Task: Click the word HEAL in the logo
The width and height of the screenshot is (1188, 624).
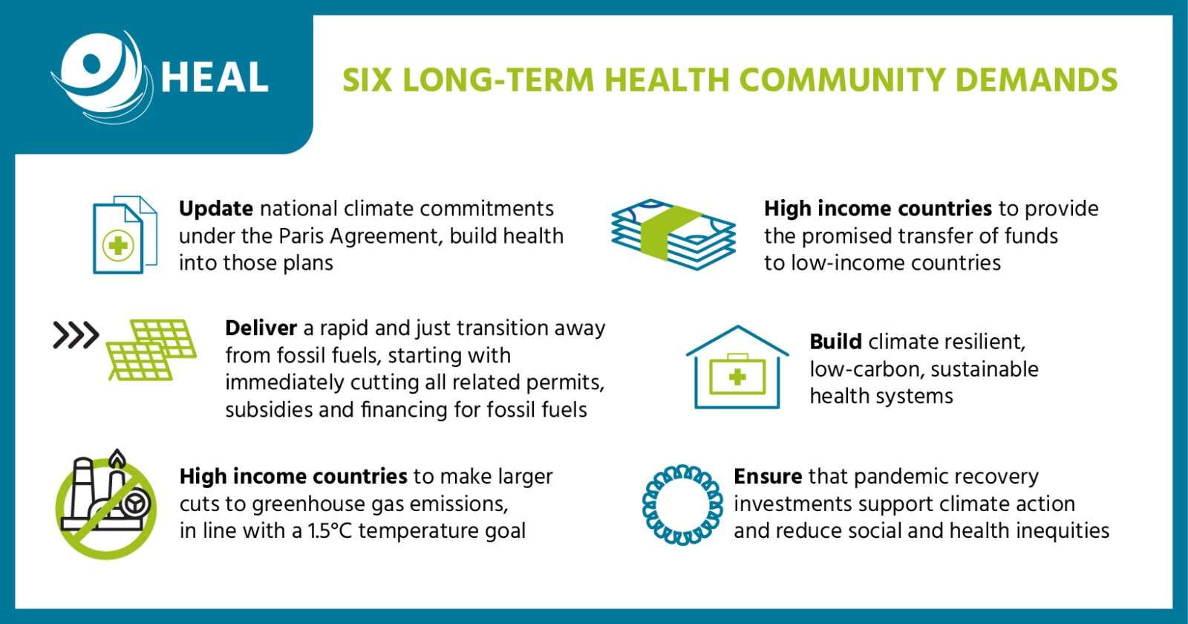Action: [x=215, y=77]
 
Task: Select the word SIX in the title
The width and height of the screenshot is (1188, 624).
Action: [x=367, y=80]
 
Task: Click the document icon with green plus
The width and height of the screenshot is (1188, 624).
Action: [x=125, y=235]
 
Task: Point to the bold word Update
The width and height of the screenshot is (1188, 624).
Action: [x=215, y=209]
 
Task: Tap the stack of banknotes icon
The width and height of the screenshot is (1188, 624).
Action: [x=673, y=235]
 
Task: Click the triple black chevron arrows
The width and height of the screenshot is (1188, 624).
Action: [x=76, y=335]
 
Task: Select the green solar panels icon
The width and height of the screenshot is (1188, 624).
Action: [x=151, y=350]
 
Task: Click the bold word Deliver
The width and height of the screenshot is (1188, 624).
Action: [x=261, y=328]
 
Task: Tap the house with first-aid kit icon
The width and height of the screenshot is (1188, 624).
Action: [x=737, y=367]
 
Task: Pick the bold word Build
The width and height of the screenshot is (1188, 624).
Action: [x=835, y=342]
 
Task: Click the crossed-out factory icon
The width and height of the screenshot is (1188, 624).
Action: [x=106, y=504]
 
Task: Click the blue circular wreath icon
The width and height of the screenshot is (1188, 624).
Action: [x=682, y=505]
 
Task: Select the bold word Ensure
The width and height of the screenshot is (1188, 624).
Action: [x=768, y=476]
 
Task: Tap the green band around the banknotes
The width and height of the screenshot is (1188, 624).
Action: [x=672, y=235]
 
